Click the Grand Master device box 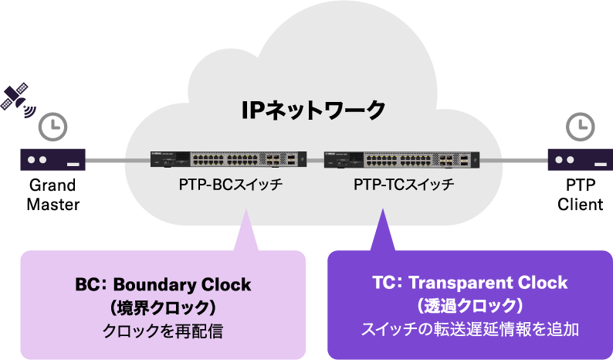[52, 160]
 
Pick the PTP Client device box [580, 160]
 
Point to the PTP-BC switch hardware [229, 159]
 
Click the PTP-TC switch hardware [401, 159]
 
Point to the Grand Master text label [52, 195]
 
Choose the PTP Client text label [580, 195]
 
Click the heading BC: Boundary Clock [163, 284]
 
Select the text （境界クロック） [163, 307]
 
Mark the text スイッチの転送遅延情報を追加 [469, 329]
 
